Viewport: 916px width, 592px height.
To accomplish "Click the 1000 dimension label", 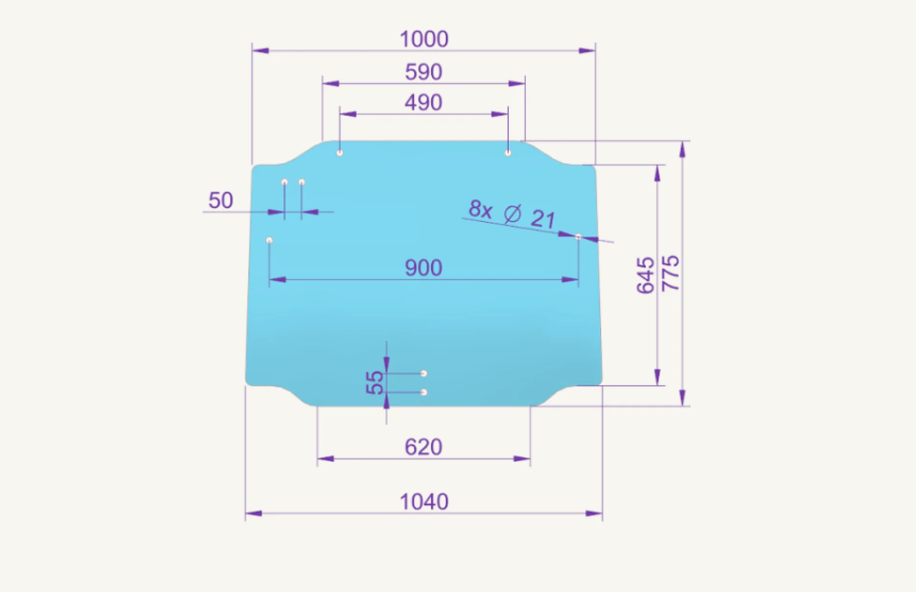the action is click(x=424, y=39).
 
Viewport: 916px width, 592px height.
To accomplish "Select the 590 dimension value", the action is click(x=424, y=72).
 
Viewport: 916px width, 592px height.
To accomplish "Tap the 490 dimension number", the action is click(x=424, y=102).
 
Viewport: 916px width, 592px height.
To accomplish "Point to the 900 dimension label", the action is click(x=424, y=267).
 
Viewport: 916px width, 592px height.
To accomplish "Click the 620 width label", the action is click(x=424, y=447).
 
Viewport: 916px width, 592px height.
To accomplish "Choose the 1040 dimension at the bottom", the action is click(x=424, y=502).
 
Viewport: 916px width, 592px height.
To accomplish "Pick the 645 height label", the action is click(x=646, y=275).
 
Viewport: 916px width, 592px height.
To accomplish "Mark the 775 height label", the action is click(x=670, y=273).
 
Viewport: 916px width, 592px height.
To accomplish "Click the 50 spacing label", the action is click(x=220, y=200).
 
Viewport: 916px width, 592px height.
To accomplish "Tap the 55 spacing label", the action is click(x=375, y=383).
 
